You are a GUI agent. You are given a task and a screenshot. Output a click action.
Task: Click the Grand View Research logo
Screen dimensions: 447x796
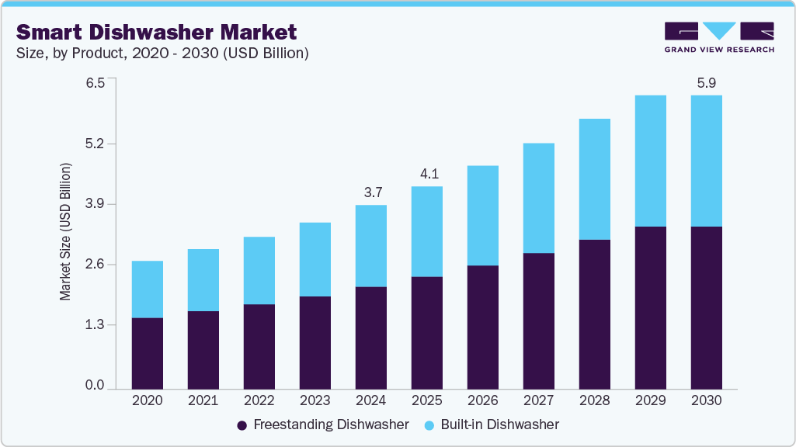point(718,37)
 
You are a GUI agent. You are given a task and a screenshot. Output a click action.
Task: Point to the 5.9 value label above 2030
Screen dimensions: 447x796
point(706,82)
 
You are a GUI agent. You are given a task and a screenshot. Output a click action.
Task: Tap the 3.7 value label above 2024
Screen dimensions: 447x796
point(370,192)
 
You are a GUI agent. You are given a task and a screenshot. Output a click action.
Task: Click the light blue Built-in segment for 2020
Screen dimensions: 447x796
point(147,289)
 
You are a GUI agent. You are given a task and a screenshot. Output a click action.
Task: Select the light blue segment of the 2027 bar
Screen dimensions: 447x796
point(538,198)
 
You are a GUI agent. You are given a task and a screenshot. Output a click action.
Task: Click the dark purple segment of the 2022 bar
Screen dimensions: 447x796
point(259,346)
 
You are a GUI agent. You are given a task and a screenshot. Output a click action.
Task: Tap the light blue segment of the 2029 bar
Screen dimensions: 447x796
point(650,161)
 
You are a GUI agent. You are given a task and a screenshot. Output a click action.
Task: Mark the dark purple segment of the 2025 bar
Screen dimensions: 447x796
point(426,332)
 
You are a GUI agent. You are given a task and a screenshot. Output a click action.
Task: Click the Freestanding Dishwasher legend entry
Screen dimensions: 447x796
point(322,424)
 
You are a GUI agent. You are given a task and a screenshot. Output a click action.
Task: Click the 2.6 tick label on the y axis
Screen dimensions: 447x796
point(95,265)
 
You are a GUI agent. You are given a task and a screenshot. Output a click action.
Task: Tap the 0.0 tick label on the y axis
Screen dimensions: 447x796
point(95,386)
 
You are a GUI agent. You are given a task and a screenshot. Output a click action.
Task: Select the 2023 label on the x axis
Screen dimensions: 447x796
point(315,401)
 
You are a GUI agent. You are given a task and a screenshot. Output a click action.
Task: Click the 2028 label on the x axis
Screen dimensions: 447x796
point(594,401)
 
